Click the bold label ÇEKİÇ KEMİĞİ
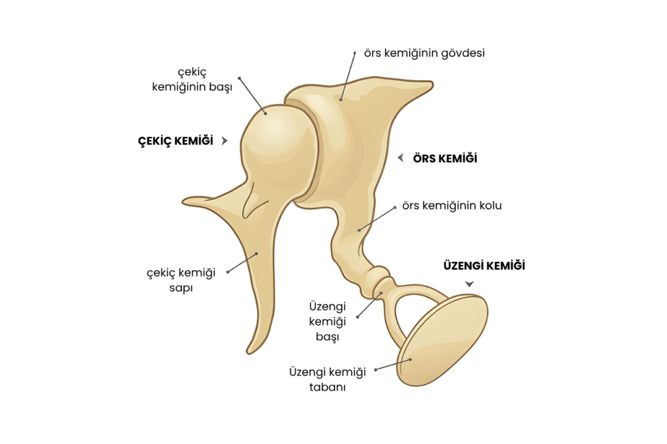[x=175, y=141]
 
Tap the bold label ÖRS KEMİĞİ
[x=445, y=159]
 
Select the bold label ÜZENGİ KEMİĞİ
[x=484, y=266]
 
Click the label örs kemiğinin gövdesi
[x=424, y=53]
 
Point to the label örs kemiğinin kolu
[x=452, y=206]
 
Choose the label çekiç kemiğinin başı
[x=192, y=79]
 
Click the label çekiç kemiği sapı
[x=181, y=280]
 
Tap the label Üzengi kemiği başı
[x=327, y=321]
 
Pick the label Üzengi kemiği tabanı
[x=328, y=379]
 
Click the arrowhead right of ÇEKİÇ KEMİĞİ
[x=225, y=141]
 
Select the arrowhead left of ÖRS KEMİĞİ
[x=401, y=158]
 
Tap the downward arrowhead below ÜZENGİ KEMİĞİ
[x=469, y=284]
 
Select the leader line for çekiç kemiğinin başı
[x=253, y=96]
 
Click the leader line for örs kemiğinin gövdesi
[x=348, y=76]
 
